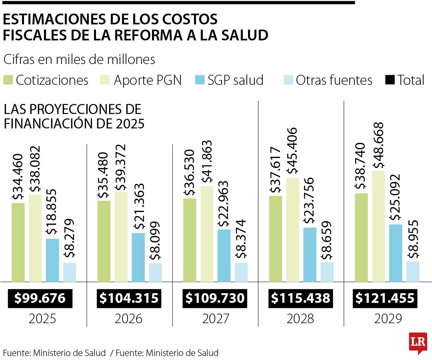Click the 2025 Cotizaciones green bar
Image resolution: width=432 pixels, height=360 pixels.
tap(18, 242)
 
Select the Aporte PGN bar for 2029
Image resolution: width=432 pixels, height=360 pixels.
tap(378, 226)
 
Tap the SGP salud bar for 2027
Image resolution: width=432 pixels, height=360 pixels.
tap(224, 255)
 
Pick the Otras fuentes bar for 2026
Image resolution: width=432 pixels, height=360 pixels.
tap(156, 272)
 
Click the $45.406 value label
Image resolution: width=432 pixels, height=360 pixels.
tap(292, 151)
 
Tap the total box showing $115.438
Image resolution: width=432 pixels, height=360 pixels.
tap(300, 298)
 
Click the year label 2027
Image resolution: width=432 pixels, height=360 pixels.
tap(216, 319)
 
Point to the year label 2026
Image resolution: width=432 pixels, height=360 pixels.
tap(128, 319)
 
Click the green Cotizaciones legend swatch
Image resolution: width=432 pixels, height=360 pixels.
tap(8, 80)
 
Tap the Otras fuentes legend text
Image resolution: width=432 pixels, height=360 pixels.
tap(334, 80)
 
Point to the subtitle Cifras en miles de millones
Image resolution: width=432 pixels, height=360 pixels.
tap(79, 60)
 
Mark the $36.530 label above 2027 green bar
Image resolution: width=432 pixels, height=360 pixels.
tap(189, 173)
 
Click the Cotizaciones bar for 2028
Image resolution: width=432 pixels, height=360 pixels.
tap(275, 239)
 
